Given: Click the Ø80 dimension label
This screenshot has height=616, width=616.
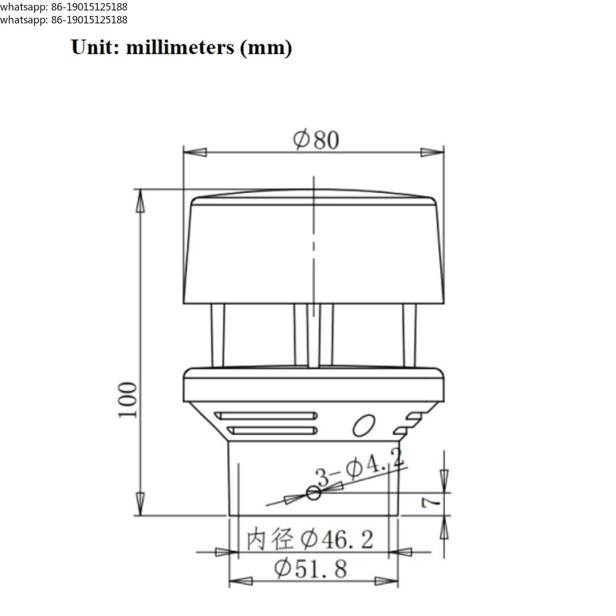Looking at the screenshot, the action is coord(316,139).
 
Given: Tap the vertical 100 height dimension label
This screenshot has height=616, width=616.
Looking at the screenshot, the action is coord(128,400).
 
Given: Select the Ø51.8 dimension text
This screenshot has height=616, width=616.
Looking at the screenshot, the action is coord(310,569).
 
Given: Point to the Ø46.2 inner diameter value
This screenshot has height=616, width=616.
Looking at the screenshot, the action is coord(337,539).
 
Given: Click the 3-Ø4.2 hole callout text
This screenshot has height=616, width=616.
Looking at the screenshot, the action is coord(360,468).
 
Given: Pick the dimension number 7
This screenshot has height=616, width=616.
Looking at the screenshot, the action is coord(431,503).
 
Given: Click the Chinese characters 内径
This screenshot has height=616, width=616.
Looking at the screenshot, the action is coord(270,539).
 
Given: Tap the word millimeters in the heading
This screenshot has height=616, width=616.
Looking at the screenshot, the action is coord(180,47).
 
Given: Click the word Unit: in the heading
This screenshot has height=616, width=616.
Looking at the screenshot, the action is coord(95,47).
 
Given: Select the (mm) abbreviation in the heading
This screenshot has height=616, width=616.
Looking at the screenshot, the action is coord(266,48).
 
